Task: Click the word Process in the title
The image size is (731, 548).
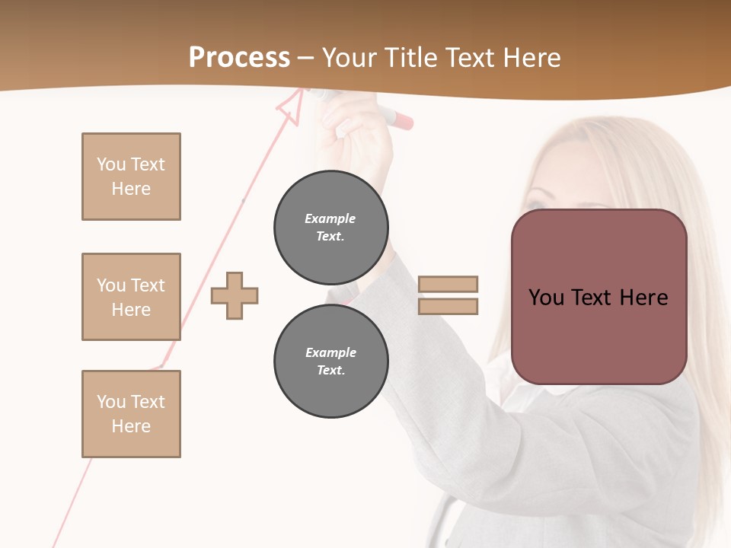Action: (x=239, y=58)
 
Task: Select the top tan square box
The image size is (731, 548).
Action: (x=131, y=177)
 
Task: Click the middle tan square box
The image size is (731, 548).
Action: (x=131, y=297)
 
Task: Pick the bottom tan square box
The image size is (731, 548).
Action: (x=131, y=414)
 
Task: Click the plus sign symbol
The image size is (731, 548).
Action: (x=235, y=295)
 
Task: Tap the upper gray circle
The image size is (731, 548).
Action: (x=330, y=227)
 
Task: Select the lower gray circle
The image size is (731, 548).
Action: (x=330, y=361)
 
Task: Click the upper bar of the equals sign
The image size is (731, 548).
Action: (x=448, y=284)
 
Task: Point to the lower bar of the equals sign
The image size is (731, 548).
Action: (x=448, y=306)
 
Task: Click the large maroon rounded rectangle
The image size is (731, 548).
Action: (x=599, y=297)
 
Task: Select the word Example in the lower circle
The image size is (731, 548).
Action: (x=330, y=352)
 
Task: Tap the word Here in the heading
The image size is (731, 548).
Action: (x=529, y=58)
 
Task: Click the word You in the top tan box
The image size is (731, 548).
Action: (x=111, y=164)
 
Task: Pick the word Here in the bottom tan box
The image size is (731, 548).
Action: (x=131, y=426)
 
